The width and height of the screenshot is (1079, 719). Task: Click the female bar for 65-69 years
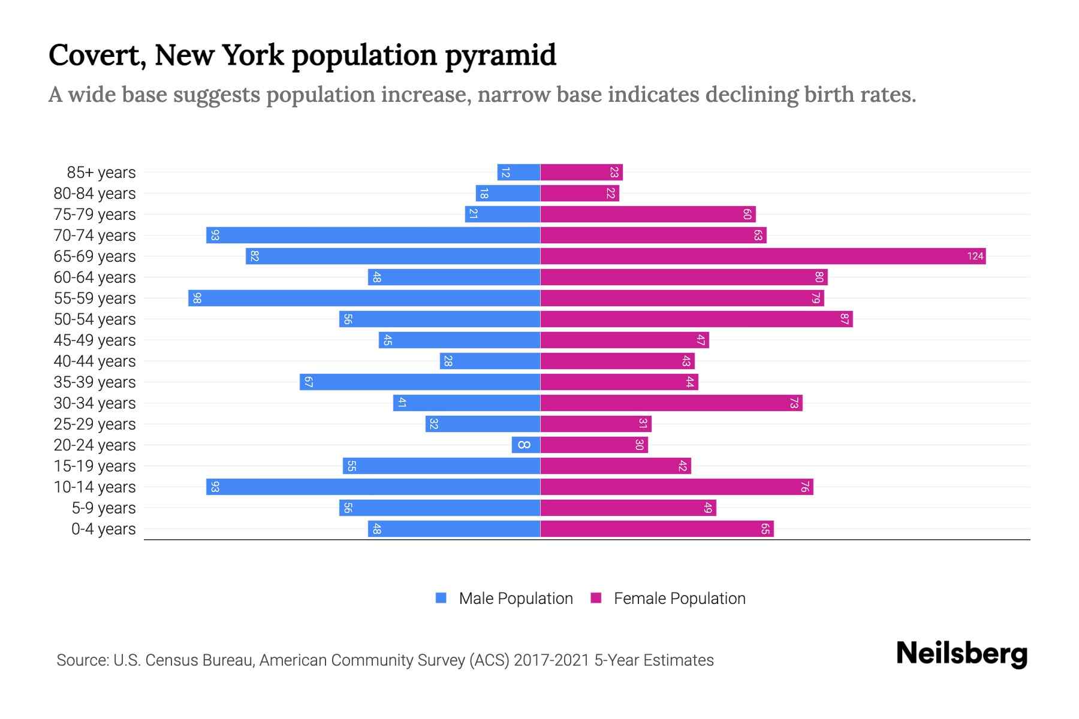(x=762, y=256)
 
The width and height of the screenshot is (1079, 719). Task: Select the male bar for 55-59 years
(x=364, y=298)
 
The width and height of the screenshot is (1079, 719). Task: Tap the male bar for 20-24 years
(x=526, y=445)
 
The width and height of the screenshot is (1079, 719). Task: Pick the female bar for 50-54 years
(x=696, y=319)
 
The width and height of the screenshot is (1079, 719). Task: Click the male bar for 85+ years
(x=519, y=173)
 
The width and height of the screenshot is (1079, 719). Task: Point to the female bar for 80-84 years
(x=580, y=194)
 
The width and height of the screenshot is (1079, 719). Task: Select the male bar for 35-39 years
(x=420, y=382)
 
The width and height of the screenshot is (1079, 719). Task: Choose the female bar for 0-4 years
(x=657, y=529)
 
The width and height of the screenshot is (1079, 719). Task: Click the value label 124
(x=975, y=256)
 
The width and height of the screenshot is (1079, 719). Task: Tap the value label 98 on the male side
(x=197, y=298)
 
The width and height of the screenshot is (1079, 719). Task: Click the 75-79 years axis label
(x=95, y=215)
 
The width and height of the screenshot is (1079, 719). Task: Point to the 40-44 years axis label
(x=95, y=361)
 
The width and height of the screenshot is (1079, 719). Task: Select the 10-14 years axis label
(x=95, y=487)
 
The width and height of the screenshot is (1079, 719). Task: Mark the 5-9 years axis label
(x=104, y=508)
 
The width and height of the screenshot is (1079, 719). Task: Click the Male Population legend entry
(x=516, y=599)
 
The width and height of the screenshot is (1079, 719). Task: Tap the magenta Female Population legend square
(x=596, y=598)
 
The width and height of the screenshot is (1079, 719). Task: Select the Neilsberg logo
(x=962, y=654)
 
